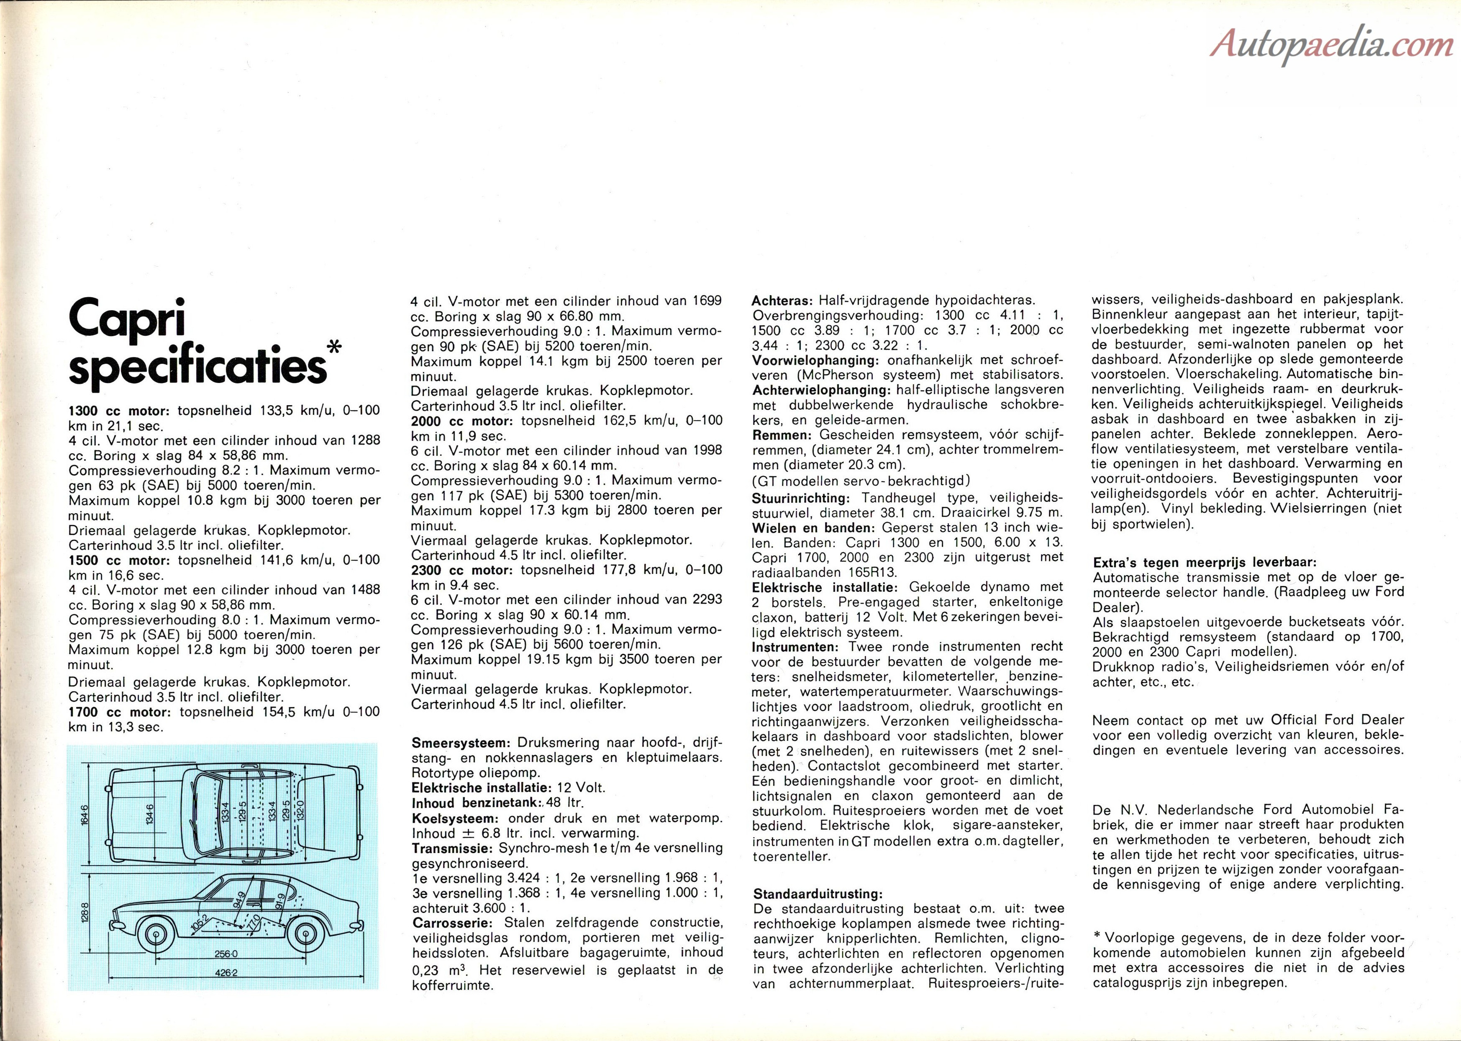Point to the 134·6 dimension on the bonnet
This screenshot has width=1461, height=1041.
[x=150, y=814]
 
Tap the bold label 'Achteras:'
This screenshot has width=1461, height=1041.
[x=782, y=301]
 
